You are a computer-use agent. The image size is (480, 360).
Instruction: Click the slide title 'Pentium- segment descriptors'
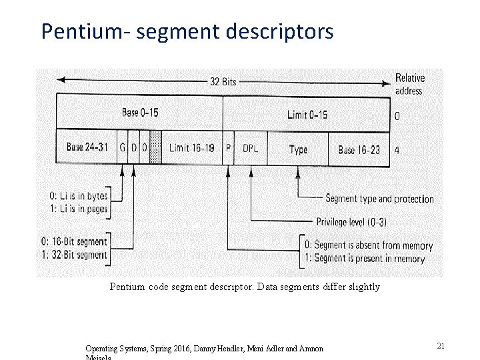click(187, 31)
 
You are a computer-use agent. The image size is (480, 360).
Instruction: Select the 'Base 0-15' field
click(140, 112)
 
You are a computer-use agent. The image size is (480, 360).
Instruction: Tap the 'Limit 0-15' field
click(307, 114)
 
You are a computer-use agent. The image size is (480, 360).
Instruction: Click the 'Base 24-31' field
click(87, 147)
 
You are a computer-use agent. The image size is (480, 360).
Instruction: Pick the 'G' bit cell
click(123, 147)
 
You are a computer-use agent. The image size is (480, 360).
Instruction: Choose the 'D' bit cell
click(133, 147)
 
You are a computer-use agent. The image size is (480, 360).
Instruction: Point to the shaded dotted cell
click(155, 147)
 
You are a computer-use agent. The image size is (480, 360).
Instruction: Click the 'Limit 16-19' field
click(191, 148)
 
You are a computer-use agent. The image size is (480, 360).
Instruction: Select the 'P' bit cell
click(229, 148)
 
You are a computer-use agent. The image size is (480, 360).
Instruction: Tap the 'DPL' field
click(251, 148)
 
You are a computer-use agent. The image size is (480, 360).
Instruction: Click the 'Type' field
click(298, 149)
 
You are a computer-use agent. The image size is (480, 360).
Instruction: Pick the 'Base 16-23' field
click(359, 149)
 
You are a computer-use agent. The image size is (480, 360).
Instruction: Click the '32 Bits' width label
click(223, 82)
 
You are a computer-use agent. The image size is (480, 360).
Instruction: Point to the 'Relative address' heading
click(409, 84)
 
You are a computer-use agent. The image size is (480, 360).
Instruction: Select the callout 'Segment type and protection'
click(379, 199)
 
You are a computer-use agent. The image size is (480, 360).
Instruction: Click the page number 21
click(441, 345)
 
